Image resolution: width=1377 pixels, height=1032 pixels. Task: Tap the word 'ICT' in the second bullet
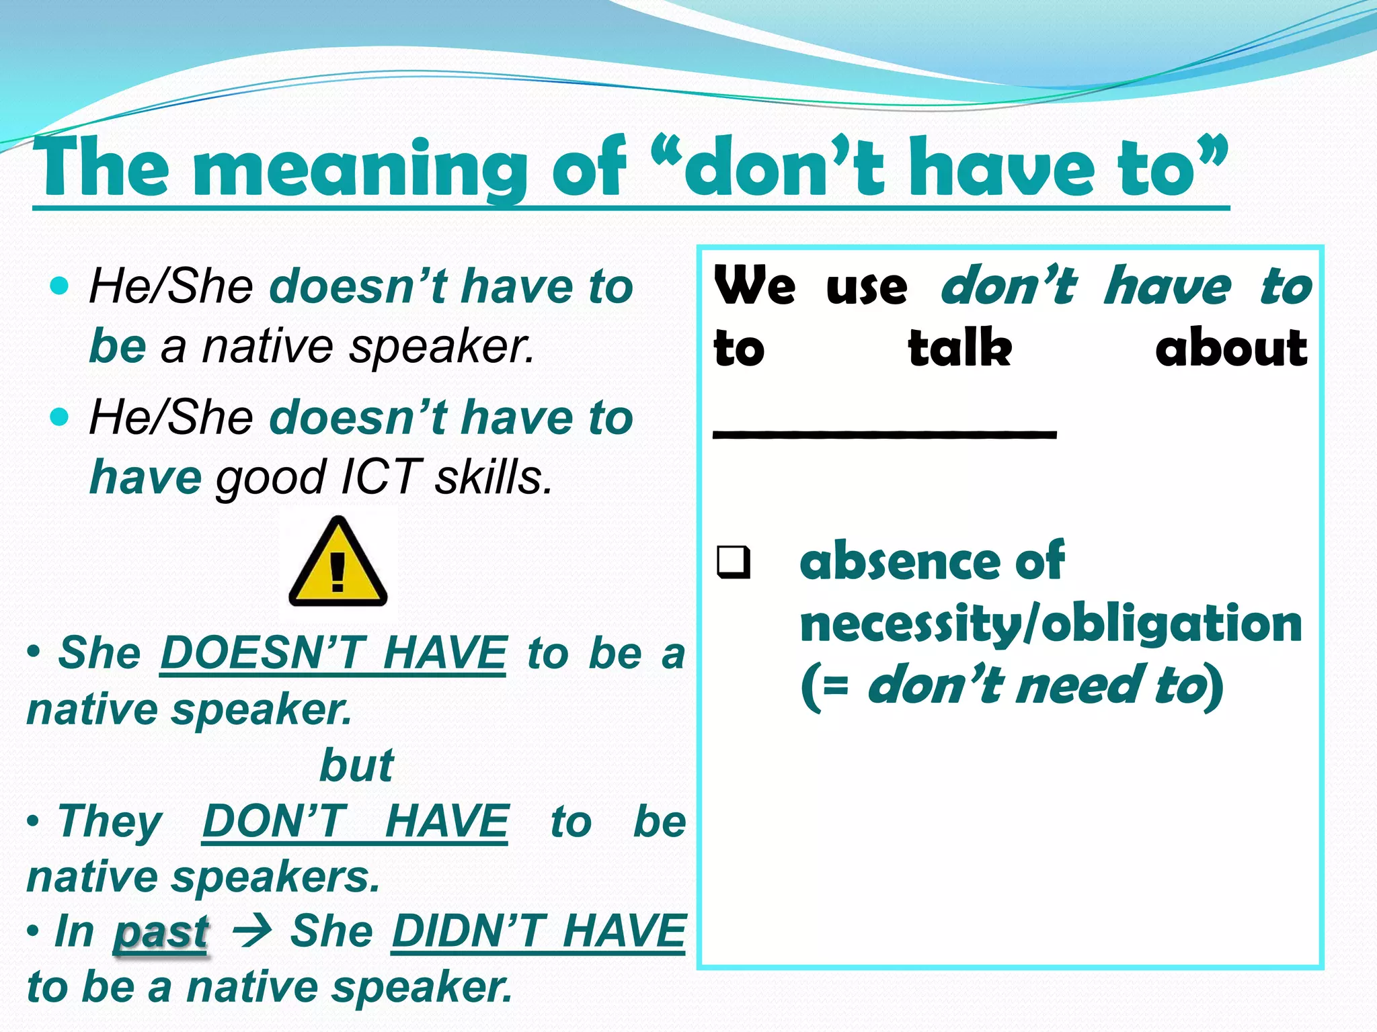tap(381, 477)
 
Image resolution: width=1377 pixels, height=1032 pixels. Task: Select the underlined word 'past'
tap(161, 933)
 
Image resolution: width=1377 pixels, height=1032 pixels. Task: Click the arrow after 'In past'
tap(251, 932)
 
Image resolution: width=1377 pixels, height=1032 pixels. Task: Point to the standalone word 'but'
tap(356, 765)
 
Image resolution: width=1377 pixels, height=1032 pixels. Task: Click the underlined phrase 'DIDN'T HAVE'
tap(539, 932)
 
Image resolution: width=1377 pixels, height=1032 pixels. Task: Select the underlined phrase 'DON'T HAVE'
tap(355, 821)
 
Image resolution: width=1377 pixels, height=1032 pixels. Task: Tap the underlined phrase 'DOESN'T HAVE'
tap(333, 653)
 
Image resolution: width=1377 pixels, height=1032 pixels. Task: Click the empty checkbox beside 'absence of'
tap(733, 562)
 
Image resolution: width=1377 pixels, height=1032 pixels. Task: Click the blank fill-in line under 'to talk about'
tap(884, 434)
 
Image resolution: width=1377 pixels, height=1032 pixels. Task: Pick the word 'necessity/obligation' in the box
tap(1050, 623)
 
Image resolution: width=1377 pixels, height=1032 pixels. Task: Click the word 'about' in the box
tap(1231, 348)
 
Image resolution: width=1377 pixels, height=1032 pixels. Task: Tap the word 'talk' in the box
tap(959, 348)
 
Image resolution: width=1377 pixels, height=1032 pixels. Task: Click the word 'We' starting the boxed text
tap(754, 286)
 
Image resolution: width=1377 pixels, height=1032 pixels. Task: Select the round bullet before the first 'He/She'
tap(60, 286)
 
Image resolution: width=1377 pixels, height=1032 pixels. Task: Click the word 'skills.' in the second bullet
tap(494, 477)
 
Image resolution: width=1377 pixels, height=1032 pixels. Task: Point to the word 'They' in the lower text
tap(110, 821)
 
